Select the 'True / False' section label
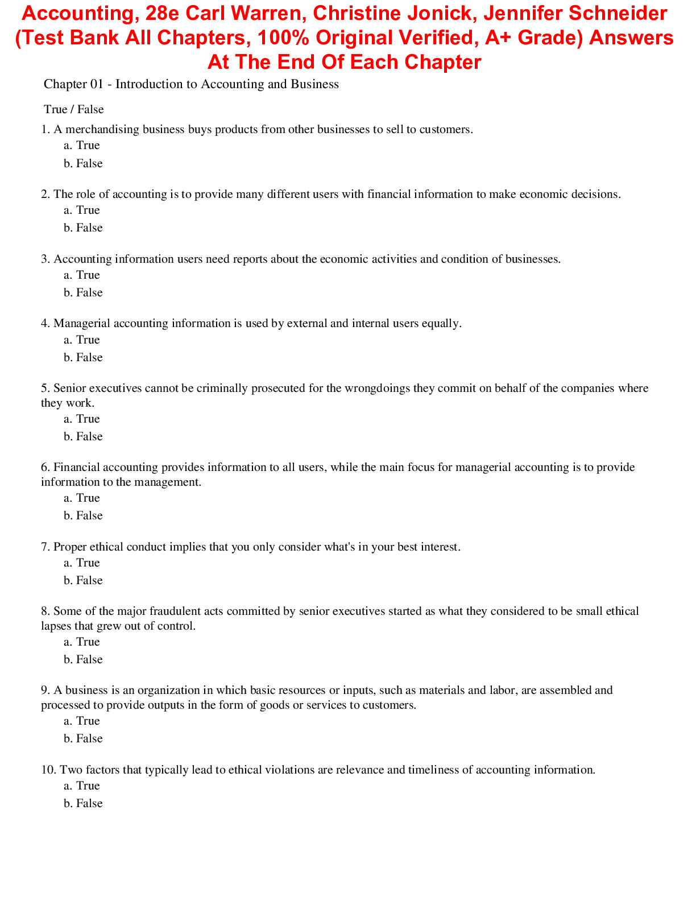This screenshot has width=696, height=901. (x=74, y=109)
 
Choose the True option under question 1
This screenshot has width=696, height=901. (x=88, y=146)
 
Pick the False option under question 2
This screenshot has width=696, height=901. (x=89, y=228)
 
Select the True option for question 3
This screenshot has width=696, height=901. (x=88, y=275)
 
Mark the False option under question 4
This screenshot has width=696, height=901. (x=89, y=358)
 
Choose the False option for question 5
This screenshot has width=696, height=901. (x=89, y=437)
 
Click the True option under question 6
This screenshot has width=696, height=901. (x=88, y=498)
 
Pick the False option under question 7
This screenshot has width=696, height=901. (x=89, y=581)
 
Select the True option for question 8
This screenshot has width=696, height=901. (x=88, y=642)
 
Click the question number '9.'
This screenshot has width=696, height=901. (x=45, y=691)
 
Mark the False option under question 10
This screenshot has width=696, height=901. (x=89, y=804)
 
